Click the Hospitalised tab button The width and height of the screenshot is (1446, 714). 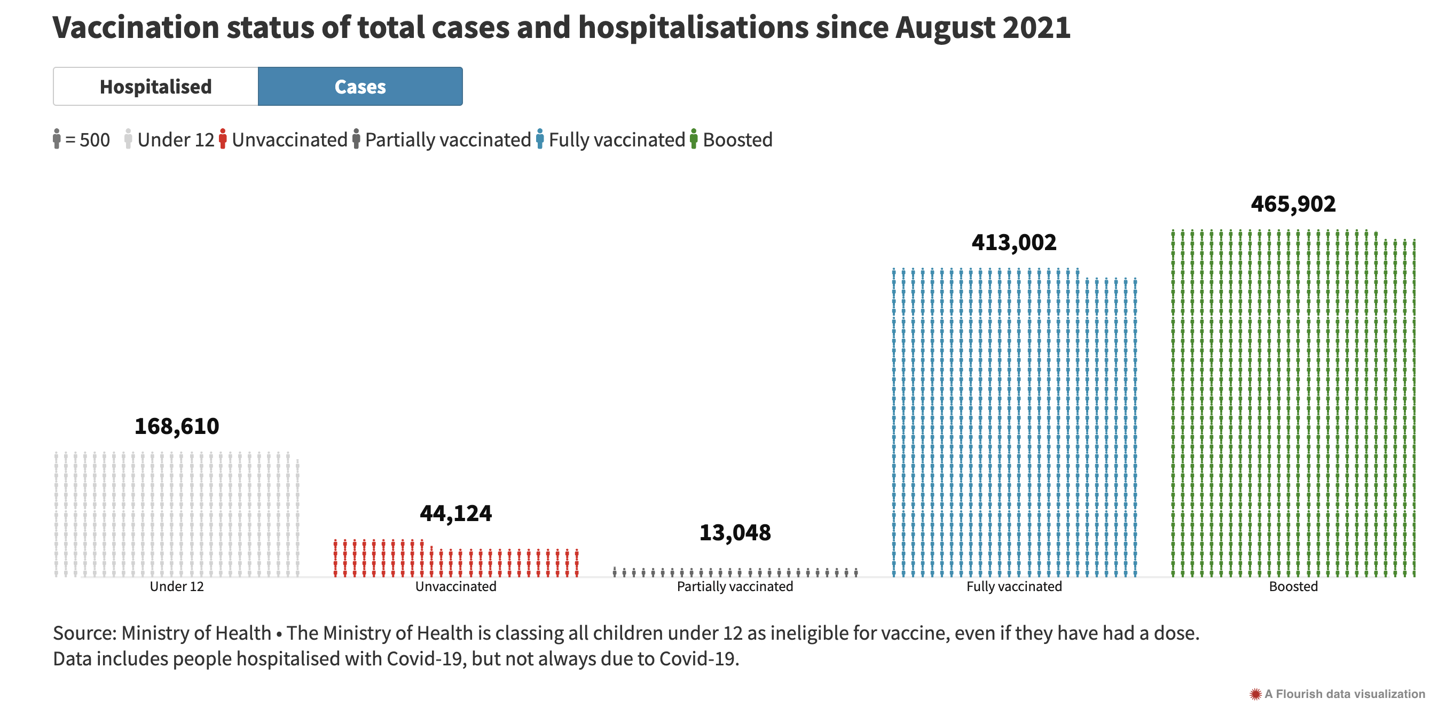point(155,87)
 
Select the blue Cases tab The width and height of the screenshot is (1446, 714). point(360,87)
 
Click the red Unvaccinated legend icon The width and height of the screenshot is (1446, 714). point(223,139)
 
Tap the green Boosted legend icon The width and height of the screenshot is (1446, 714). point(694,139)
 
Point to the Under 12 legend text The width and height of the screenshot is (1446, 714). point(176,139)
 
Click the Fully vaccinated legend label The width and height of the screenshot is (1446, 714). point(616,139)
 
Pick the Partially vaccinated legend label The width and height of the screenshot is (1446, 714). point(447,139)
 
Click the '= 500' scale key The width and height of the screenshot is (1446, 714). point(87,139)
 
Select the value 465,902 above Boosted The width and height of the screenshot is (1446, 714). point(1293,204)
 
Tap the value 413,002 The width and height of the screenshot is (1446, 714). point(1014,243)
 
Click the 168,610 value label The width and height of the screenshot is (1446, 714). point(177,426)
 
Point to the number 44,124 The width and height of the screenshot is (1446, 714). point(456,514)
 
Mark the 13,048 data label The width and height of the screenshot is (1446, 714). point(735,532)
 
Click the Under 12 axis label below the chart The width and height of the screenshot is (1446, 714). point(177,586)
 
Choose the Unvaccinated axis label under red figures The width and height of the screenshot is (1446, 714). point(456,586)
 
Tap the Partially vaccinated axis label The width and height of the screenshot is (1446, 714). point(735,586)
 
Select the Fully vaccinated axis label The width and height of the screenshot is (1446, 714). point(1014,586)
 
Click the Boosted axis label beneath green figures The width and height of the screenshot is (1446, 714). point(1293,586)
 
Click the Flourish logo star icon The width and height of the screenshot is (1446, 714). point(1255,694)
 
